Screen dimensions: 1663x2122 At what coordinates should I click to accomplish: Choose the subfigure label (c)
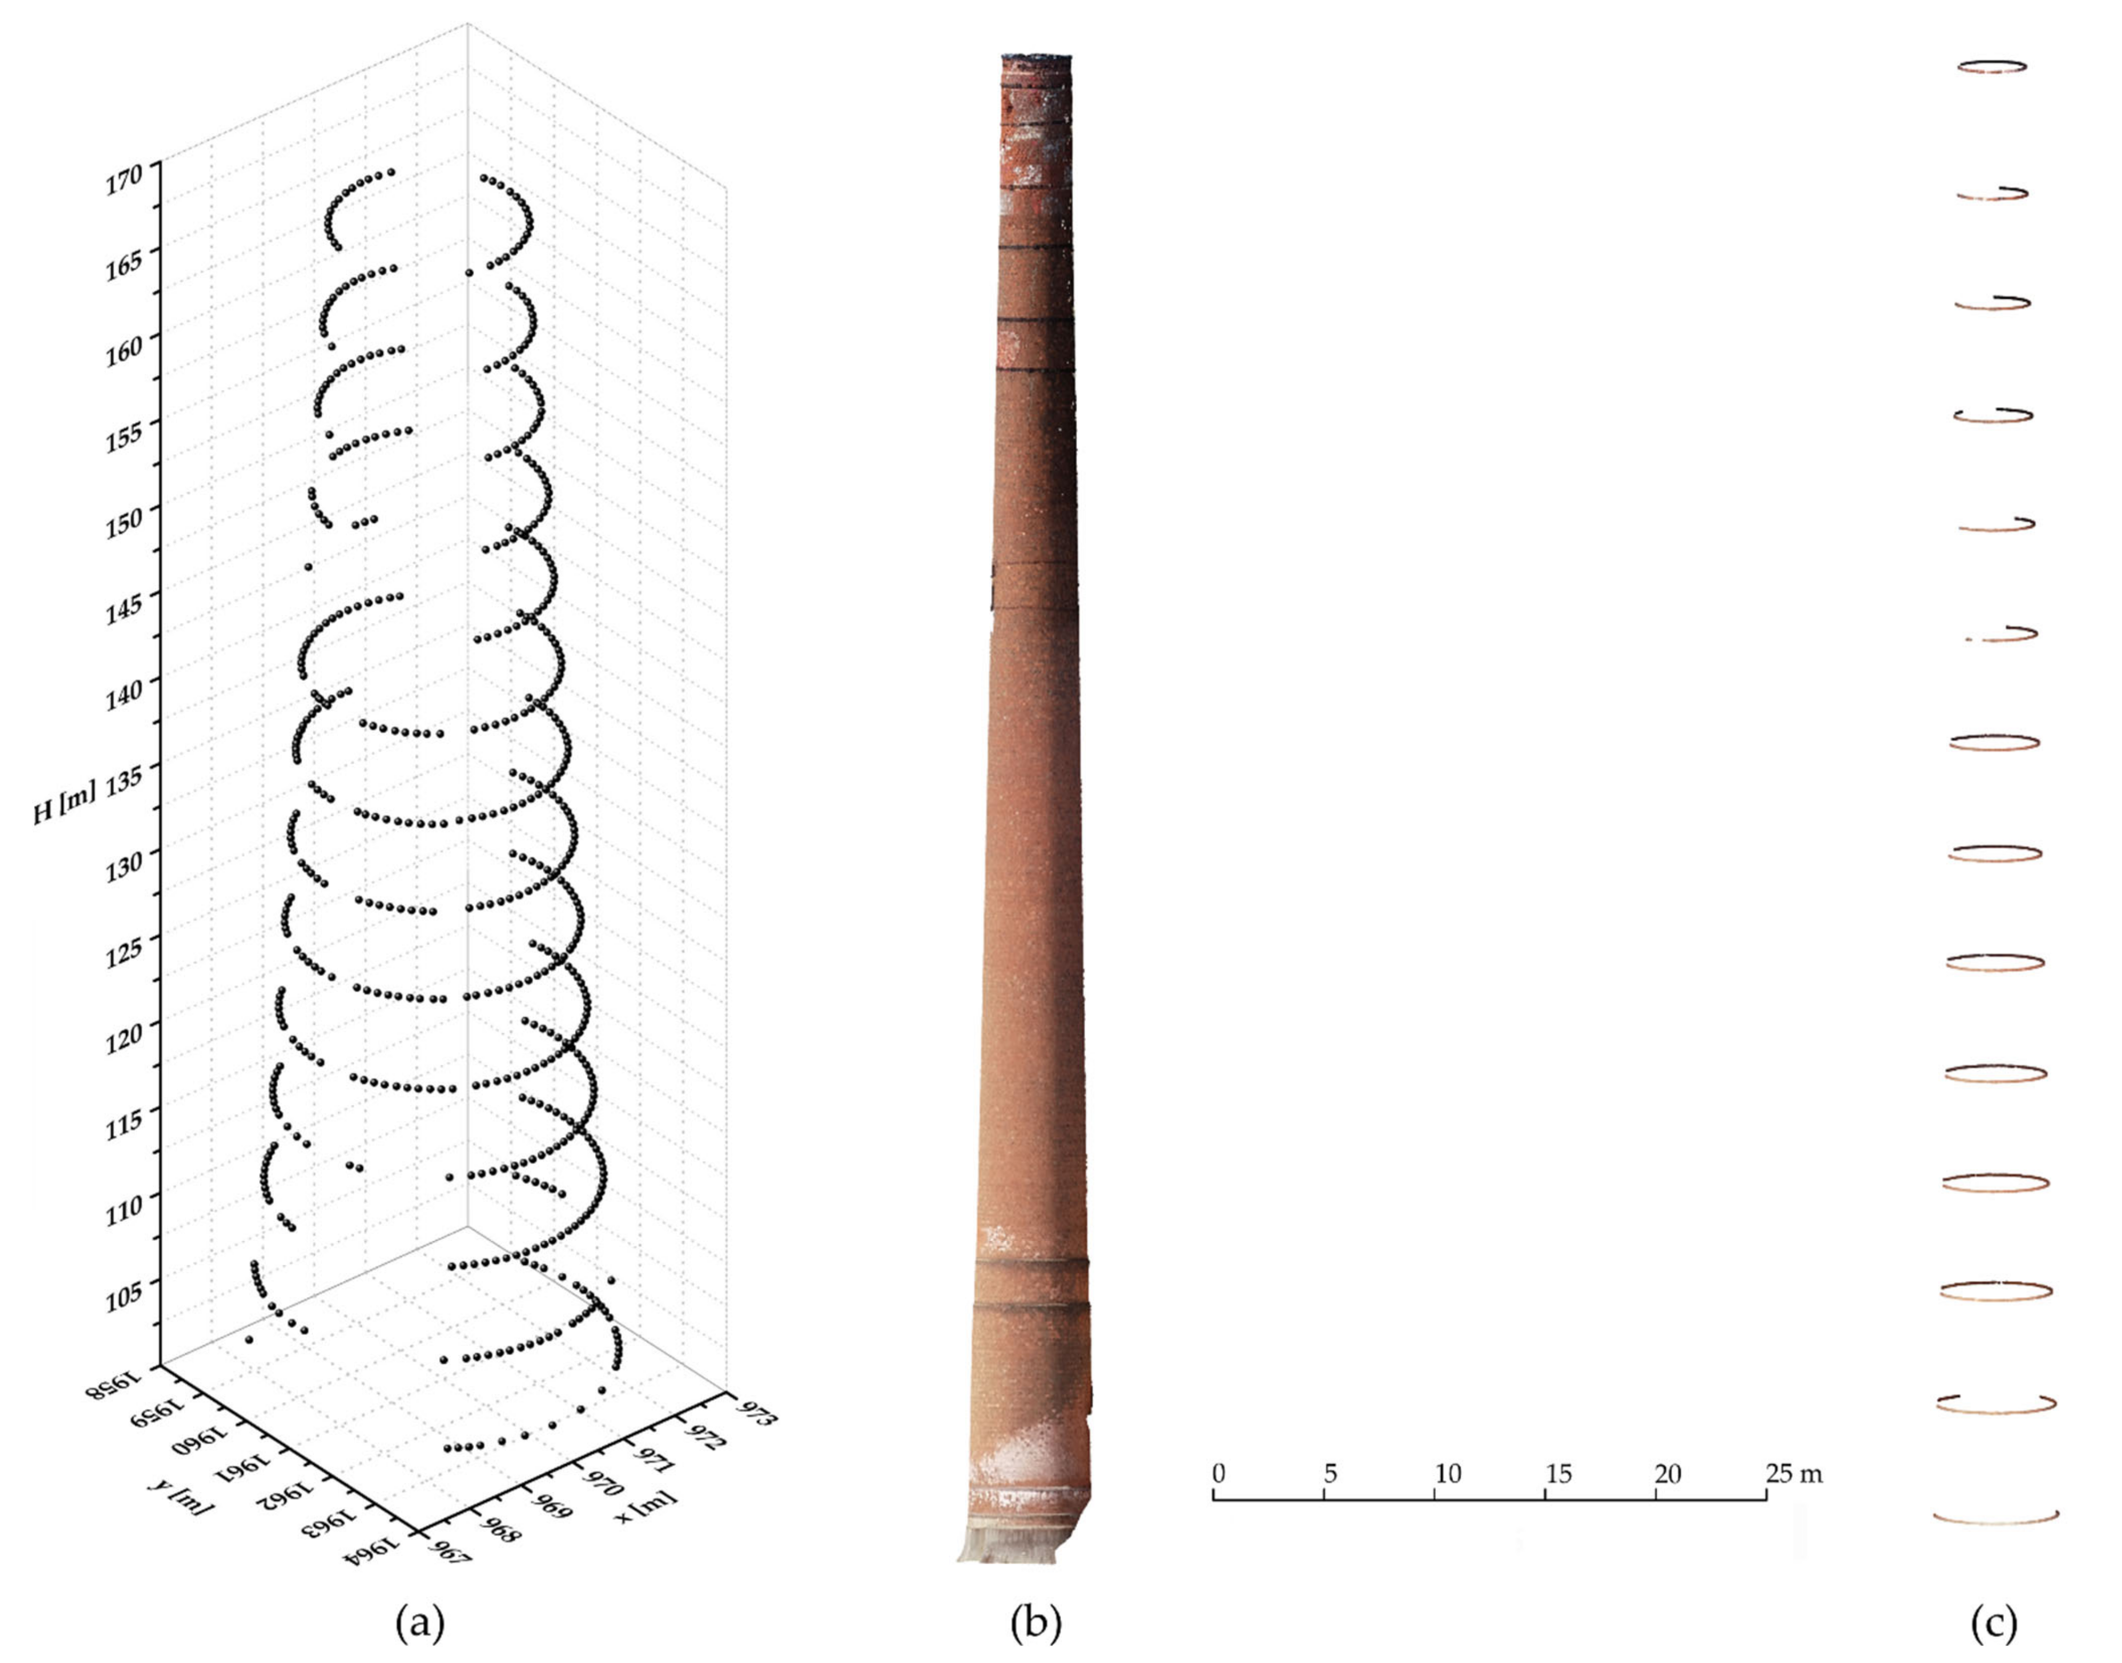coord(1993,1622)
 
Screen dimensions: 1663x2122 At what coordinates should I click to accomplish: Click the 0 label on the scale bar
coord(1218,1473)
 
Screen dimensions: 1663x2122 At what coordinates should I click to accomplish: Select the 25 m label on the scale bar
coord(1793,1473)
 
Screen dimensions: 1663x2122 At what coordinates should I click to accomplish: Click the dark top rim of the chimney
coord(1036,57)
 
